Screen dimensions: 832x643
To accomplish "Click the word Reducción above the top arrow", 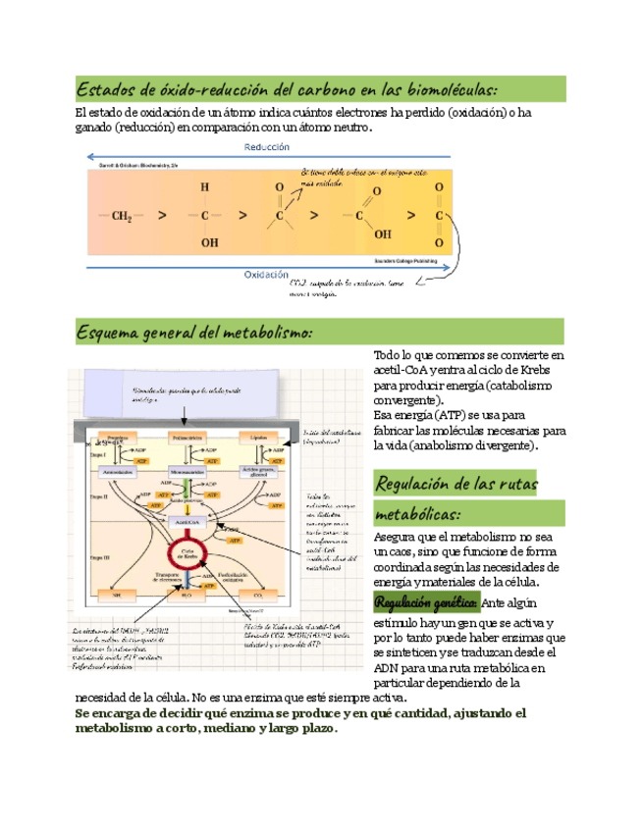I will click(x=266, y=146).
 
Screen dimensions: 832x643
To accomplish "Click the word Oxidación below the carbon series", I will click(x=266, y=276).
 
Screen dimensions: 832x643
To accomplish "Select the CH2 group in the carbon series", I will click(x=123, y=215).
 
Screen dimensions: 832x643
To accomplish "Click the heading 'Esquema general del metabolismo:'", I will click(x=194, y=334).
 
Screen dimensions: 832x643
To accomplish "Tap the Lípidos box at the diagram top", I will click(x=258, y=438).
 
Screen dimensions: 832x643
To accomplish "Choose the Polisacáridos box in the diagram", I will click(x=188, y=438).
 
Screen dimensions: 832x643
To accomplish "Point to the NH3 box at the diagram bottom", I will click(x=117, y=595).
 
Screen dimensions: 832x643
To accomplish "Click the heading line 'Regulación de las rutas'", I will click(x=455, y=484).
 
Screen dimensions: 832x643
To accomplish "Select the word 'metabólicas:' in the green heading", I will click(x=418, y=514).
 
